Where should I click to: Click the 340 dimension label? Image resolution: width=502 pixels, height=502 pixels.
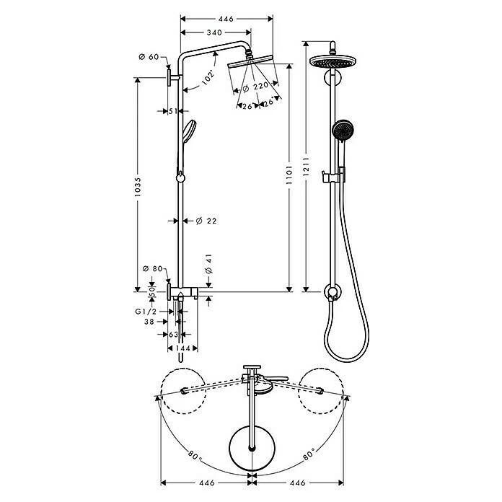point(213,32)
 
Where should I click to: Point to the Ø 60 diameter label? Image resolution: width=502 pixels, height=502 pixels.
point(149,56)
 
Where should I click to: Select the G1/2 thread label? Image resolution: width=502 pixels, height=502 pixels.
point(146,311)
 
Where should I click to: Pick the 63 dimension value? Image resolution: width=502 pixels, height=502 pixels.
point(173,335)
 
